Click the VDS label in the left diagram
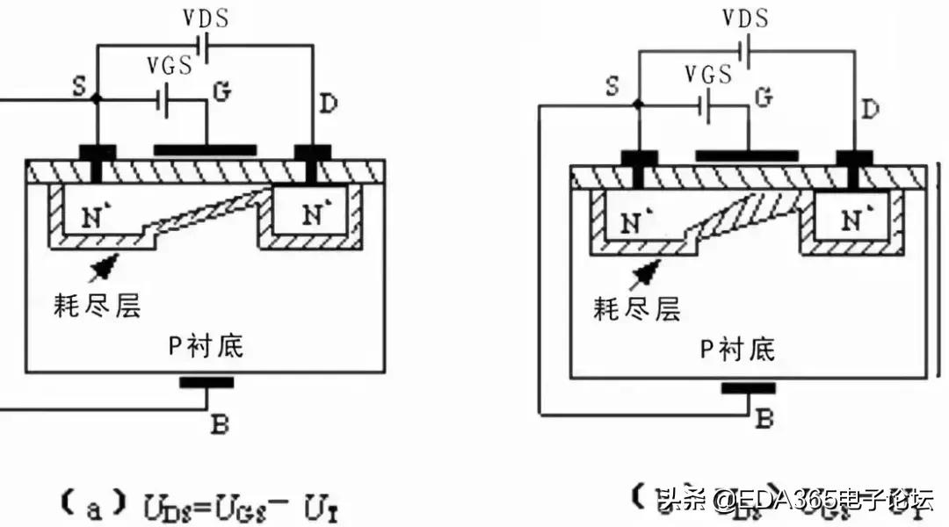[206, 19]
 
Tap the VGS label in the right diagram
[709, 74]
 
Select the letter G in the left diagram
[222, 92]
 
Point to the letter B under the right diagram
[764, 419]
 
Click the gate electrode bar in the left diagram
[206, 150]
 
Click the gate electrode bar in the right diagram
[747, 155]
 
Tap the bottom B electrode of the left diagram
[206, 382]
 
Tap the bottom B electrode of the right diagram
[748, 387]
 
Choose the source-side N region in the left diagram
[97, 216]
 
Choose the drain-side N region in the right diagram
[851, 220]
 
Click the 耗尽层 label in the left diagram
[97, 305]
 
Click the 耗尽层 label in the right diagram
[637, 309]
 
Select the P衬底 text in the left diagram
[205, 347]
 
